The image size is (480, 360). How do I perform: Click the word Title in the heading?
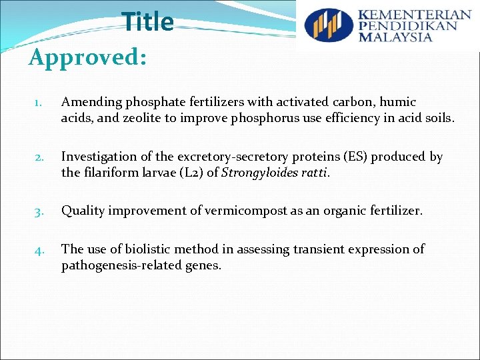click(x=147, y=22)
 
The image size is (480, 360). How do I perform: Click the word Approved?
click(x=87, y=57)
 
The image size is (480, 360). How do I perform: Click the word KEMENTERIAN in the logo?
click(x=414, y=15)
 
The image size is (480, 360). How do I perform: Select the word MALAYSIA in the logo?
click(x=395, y=37)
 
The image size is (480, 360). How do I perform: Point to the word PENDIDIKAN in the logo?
click(x=408, y=26)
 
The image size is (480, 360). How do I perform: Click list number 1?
click(x=38, y=103)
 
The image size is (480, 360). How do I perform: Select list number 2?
click(x=38, y=158)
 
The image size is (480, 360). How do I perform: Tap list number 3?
click(x=38, y=212)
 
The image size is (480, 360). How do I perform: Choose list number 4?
click(x=38, y=251)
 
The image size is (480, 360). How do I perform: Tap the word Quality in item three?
click(x=83, y=211)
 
